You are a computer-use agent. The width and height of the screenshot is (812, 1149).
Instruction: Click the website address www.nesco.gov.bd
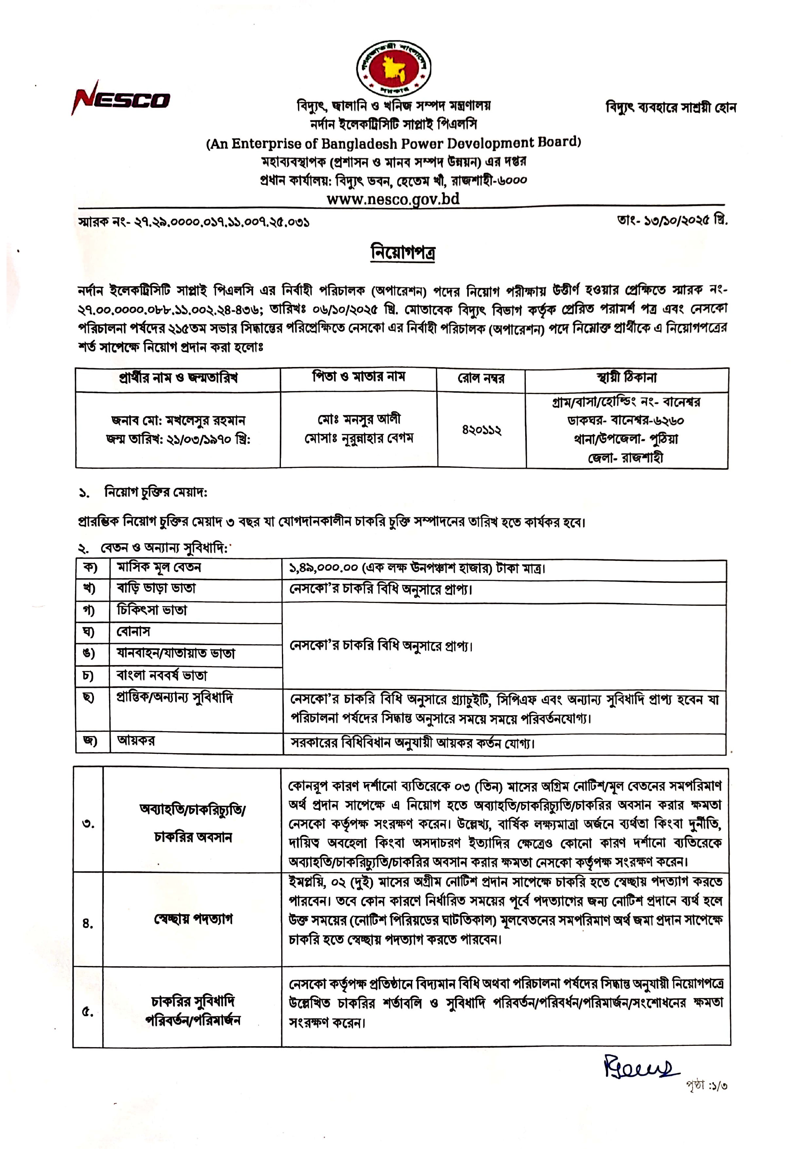(x=393, y=199)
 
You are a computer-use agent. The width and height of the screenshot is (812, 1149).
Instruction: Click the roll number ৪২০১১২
(x=481, y=430)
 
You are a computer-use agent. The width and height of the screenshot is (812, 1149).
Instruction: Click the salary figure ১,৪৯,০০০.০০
(x=324, y=568)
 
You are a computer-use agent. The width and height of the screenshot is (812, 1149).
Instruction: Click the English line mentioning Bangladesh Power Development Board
(x=393, y=144)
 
